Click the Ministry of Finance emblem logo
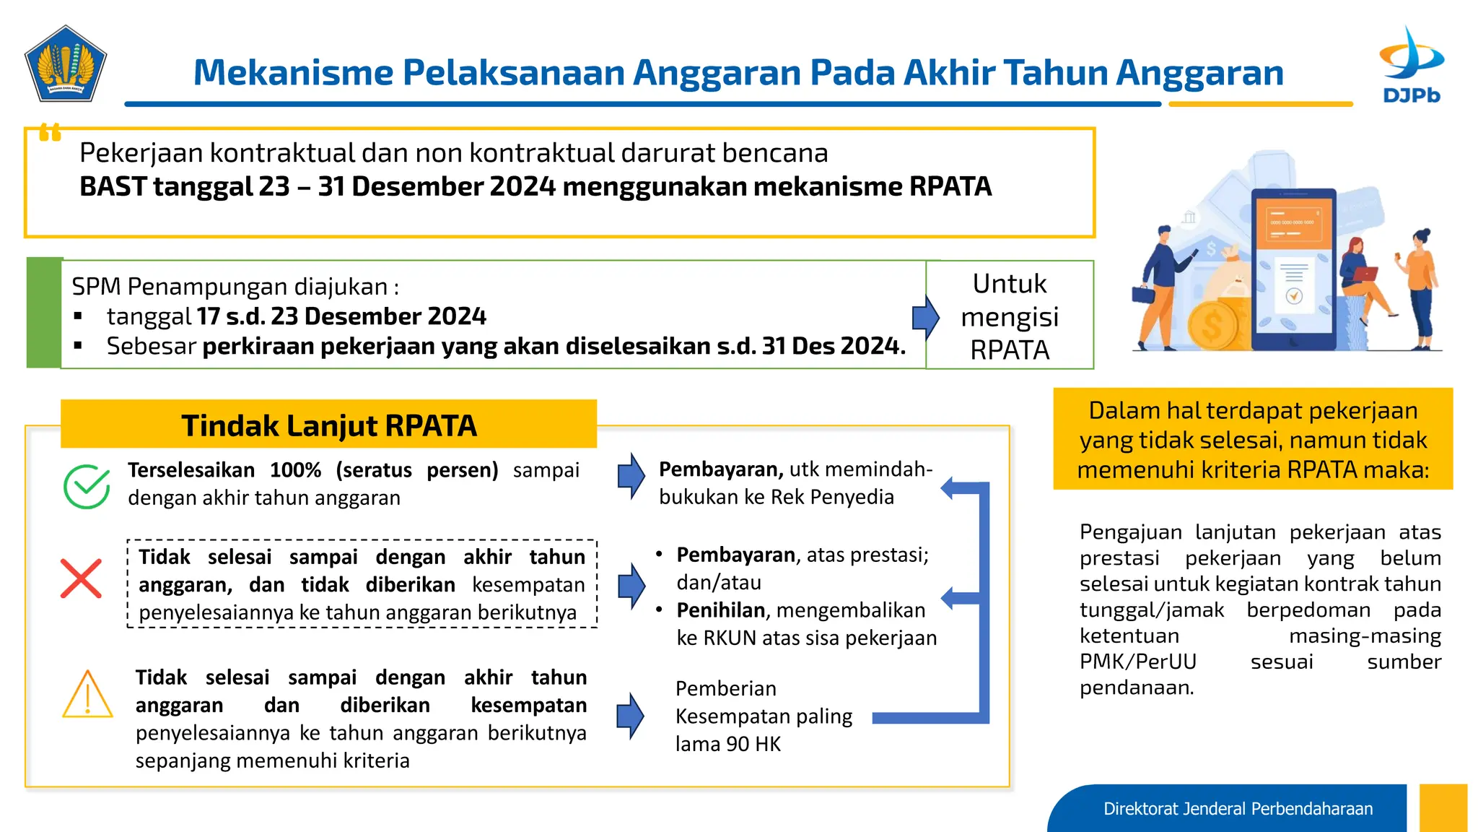tap(66, 64)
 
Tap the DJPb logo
tap(1411, 65)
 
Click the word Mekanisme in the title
tap(292, 73)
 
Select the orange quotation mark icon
tap(50, 132)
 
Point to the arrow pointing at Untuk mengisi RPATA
tap(925, 317)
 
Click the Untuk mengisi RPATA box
tap(1009, 316)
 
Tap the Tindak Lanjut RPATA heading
tap(328, 425)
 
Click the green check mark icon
tap(87, 486)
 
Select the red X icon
tap(81, 578)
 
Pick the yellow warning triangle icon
tap(87, 695)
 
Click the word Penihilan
tap(720, 610)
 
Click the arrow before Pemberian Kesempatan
tap(630, 716)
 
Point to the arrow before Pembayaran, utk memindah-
tap(631, 476)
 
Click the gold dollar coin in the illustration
tap(1212, 325)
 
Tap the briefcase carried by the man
tap(1143, 295)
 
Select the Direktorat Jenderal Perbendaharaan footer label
tap(1238, 809)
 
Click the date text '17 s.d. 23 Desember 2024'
tap(341, 316)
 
